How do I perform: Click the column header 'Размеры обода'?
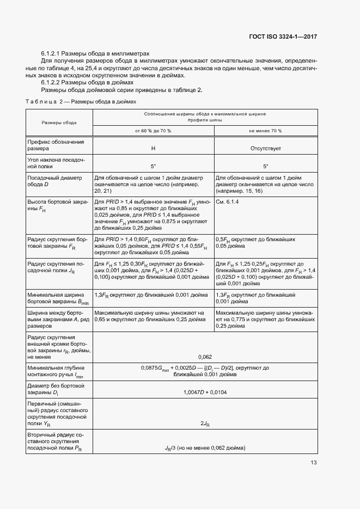pos(59,122)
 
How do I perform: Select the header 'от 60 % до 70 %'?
pos(153,131)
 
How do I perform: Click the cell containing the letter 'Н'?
pos(153,148)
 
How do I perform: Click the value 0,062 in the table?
pos(205,357)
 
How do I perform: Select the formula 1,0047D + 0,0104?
pos(205,392)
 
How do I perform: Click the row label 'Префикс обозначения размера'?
pos(56,145)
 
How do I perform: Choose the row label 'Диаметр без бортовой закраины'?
pos(56,389)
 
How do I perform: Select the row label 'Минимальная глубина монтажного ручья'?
pos(57,371)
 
